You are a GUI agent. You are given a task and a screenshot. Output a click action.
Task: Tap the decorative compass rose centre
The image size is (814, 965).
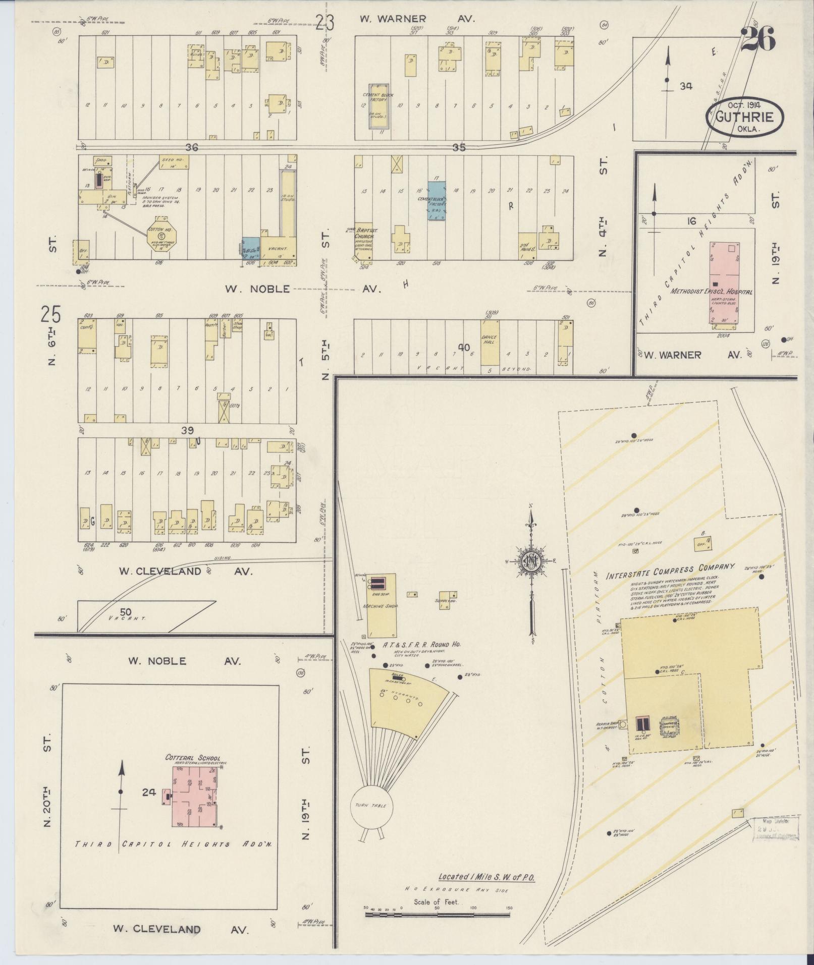[x=531, y=561]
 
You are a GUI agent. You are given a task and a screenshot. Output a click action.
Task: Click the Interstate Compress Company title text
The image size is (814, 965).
[x=670, y=571]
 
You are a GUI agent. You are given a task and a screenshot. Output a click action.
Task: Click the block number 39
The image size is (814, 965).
[x=187, y=429]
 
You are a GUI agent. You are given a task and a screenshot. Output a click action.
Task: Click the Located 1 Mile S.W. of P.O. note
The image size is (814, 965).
[x=486, y=877]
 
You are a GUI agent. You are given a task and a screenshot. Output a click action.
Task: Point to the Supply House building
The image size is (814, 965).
[x=446, y=600]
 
